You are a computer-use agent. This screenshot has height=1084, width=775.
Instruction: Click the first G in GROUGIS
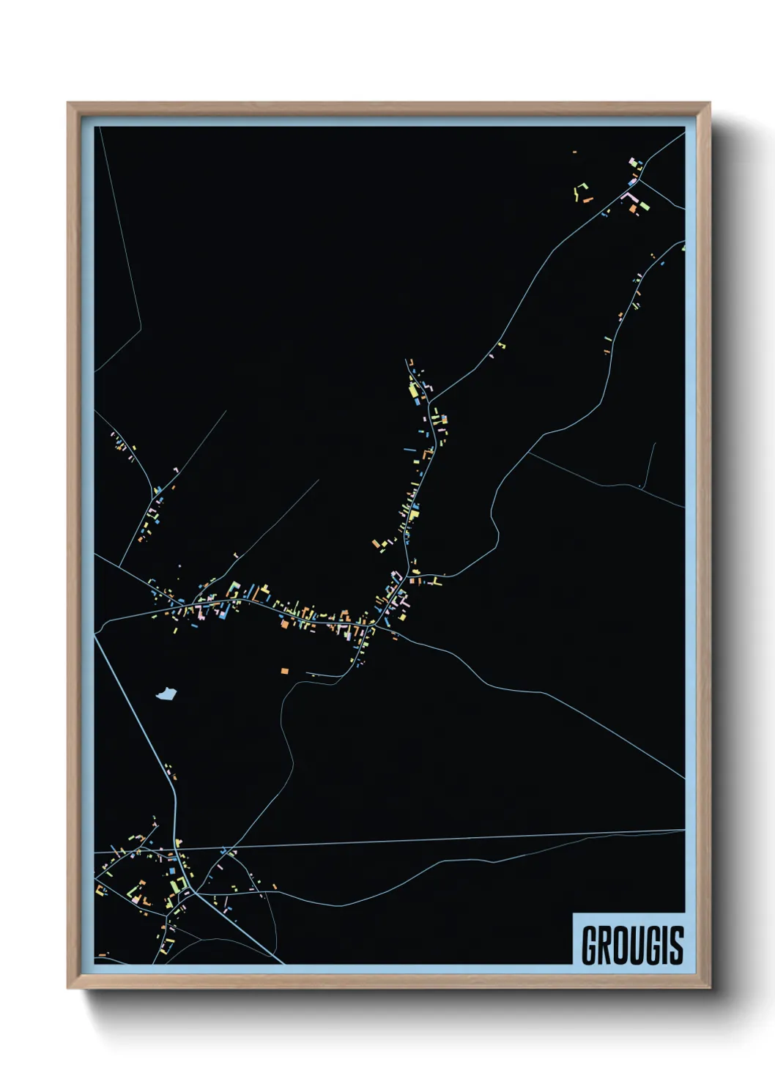(590, 946)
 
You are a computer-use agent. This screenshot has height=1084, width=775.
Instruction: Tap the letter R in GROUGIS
(605, 946)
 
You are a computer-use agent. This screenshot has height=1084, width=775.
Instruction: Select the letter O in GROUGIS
(621, 946)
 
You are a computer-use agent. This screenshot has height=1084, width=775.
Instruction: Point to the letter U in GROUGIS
(637, 946)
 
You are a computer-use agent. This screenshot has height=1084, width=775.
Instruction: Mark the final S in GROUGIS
(676, 946)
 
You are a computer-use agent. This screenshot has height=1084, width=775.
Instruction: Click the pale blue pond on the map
(166, 693)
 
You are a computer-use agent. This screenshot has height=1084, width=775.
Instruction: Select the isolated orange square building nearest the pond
(284, 670)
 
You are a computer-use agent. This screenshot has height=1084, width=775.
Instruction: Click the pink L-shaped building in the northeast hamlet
(628, 196)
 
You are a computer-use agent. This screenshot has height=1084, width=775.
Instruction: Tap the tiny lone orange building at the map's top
(574, 152)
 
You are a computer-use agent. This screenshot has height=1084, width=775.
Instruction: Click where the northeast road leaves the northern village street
(429, 401)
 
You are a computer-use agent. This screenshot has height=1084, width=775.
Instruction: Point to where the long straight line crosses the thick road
(177, 850)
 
